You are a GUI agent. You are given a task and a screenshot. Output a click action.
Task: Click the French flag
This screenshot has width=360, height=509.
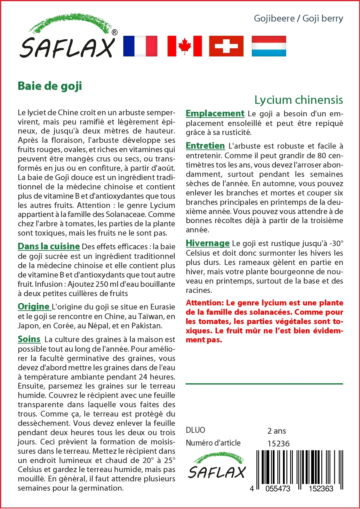click(140, 46)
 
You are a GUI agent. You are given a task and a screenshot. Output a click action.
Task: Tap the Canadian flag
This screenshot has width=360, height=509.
click(185, 46)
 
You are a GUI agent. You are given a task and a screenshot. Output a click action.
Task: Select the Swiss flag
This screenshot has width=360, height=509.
click(226, 46)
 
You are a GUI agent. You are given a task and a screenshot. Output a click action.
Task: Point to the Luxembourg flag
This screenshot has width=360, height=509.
click(269, 46)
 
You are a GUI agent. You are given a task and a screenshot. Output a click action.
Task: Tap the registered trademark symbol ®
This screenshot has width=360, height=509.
click(115, 32)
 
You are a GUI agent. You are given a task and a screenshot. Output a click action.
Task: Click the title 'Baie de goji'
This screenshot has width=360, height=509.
click(50, 86)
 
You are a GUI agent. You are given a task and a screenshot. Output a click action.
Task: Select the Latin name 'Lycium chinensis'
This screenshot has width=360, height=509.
click(299, 100)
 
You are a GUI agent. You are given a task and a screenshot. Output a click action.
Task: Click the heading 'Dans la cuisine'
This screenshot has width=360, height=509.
click(49, 246)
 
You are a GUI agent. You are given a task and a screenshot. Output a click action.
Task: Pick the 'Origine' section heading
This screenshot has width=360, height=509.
click(33, 307)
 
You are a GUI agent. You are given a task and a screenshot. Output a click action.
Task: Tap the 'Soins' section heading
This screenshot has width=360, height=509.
click(29, 339)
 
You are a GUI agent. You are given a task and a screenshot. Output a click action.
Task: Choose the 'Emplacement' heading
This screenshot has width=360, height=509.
click(215, 113)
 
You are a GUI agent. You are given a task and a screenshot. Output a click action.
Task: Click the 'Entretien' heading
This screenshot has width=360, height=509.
click(205, 146)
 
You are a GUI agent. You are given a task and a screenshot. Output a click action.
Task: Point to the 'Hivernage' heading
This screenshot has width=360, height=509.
click(208, 243)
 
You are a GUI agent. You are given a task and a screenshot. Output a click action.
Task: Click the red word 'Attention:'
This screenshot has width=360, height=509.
click(205, 303)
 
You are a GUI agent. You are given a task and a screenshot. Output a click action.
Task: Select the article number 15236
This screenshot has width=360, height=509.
click(278, 444)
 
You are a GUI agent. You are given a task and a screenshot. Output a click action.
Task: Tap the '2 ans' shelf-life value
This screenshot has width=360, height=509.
click(277, 431)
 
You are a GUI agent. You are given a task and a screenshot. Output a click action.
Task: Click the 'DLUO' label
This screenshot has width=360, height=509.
click(195, 430)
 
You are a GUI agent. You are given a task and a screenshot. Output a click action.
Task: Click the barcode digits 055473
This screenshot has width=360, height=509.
click(278, 489)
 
